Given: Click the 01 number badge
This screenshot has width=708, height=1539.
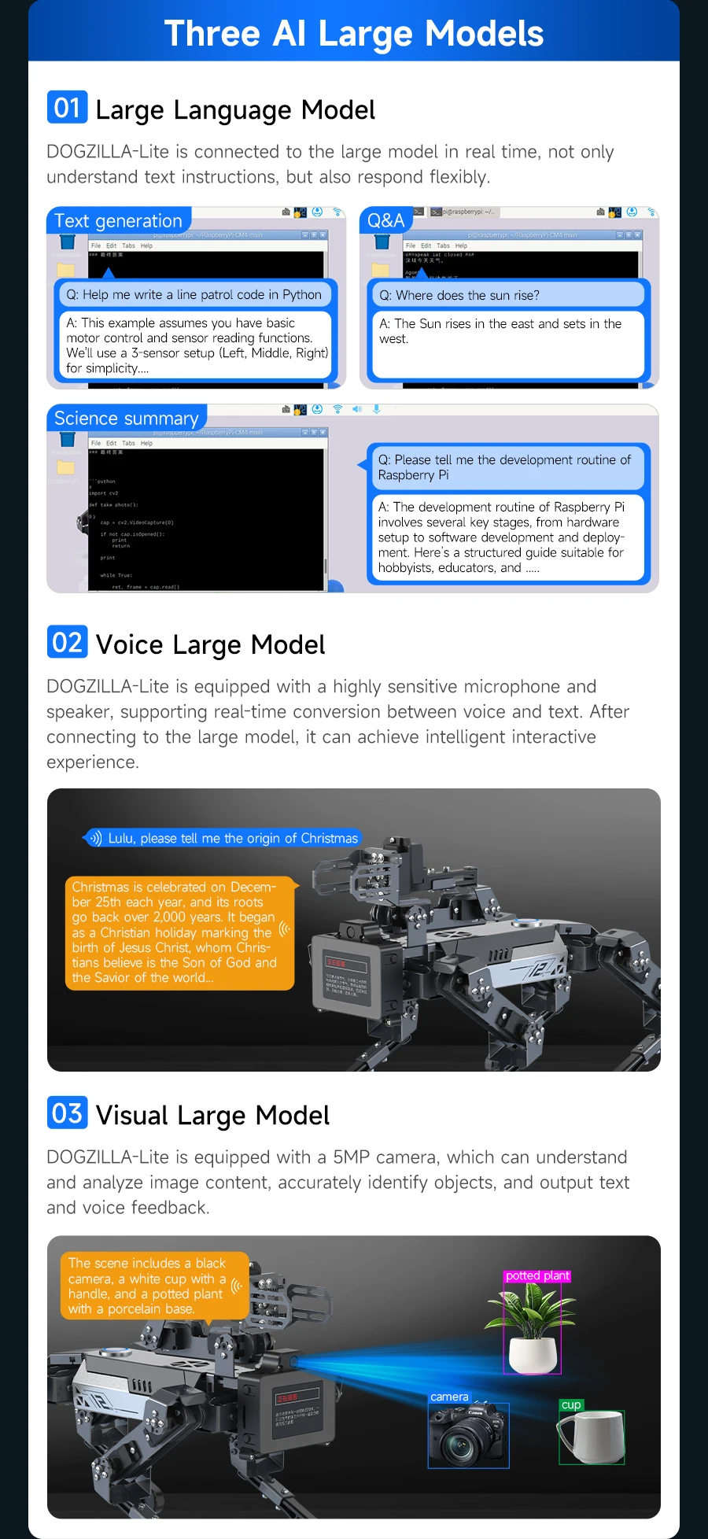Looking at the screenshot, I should [x=67, y=108].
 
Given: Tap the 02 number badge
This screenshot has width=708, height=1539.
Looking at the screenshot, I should [x=67, y=642].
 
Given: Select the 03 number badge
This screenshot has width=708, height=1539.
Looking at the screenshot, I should [x=67, y=1113].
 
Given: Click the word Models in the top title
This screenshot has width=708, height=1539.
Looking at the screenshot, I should [x=485, y=34].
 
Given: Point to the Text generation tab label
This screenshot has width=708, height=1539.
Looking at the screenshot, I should [x=118, y=221].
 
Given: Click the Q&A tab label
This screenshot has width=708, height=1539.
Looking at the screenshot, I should [x=385, y=221].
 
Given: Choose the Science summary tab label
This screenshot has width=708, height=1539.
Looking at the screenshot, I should [x=127, y=419].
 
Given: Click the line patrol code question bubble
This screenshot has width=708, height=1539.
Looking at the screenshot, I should [x=194, y=295].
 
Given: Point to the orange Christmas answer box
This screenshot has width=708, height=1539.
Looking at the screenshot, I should [x=175, y=932].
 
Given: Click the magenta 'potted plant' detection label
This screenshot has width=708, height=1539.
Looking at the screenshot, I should [x=537, y=1275].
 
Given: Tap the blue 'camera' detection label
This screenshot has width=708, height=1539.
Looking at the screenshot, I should [x=449, y=1397].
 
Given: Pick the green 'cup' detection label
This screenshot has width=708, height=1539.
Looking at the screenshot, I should [x=571, y=1404].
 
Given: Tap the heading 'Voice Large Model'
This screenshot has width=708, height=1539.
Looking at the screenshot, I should [x=210, y=644].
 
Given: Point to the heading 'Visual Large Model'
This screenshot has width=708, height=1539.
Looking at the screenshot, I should [x=212, y=1115].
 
